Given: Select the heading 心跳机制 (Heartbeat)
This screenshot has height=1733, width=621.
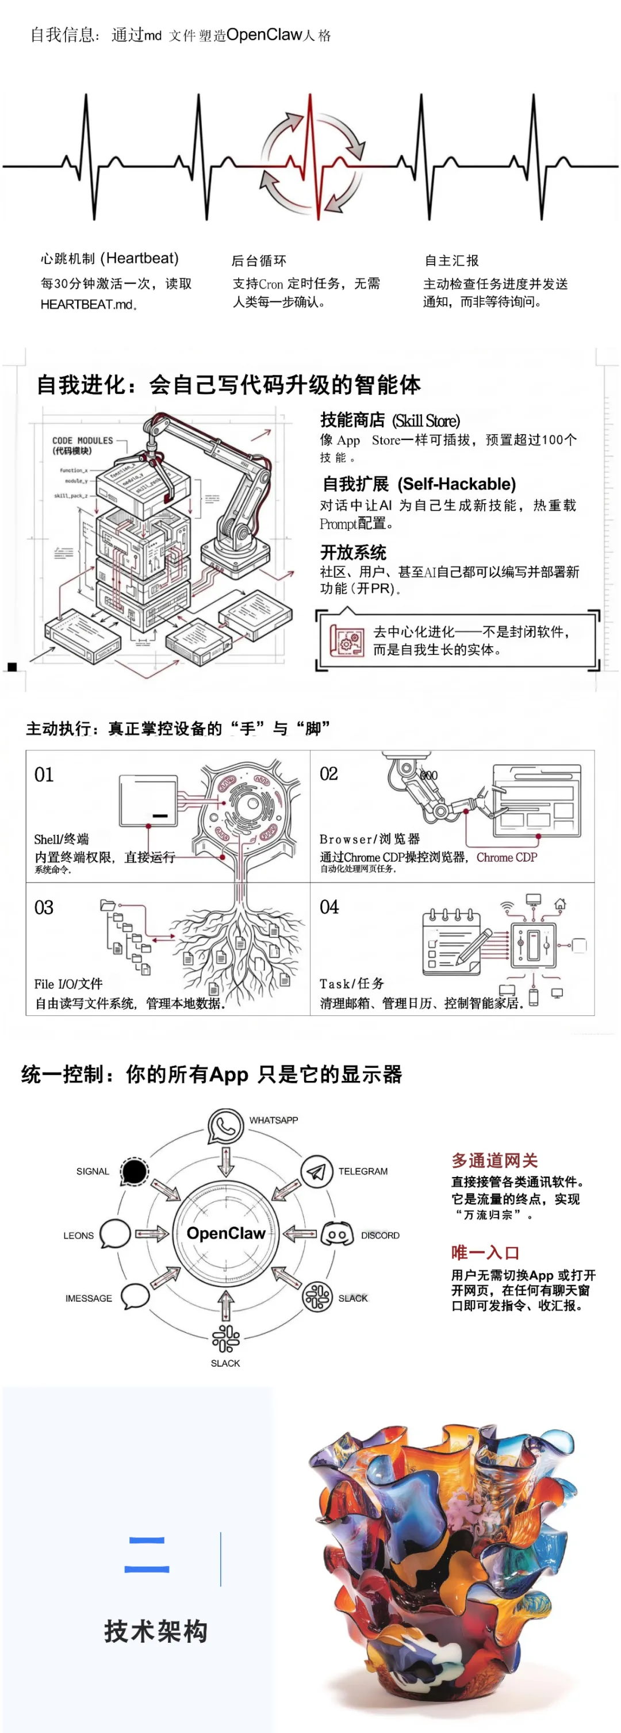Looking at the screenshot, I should click(110, 258).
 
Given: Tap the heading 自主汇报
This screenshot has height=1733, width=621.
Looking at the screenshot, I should click(451, 260).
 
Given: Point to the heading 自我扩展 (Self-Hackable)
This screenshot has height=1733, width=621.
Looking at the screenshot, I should click(419, 484).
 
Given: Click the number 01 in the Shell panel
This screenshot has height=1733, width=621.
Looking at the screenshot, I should click(44, 775).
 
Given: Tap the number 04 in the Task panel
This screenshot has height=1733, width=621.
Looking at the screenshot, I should click(329, 907).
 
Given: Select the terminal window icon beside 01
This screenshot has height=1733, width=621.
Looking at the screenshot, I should click(148, 800).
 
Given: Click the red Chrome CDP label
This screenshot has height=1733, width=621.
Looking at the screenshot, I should click(507, 857).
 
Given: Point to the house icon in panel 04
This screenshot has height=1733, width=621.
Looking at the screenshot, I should click(560, 904).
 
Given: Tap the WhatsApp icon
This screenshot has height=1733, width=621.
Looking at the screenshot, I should click(225, 1125).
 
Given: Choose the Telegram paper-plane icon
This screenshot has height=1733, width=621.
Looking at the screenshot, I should click(316, 1171).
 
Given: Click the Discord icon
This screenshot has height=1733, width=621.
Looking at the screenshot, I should click(337, 1235).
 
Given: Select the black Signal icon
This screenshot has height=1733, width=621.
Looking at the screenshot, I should click(134, 1171).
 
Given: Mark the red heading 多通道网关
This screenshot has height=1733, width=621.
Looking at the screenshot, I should click(494, 1160).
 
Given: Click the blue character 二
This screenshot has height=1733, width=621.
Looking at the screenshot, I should click(147, 1555).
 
